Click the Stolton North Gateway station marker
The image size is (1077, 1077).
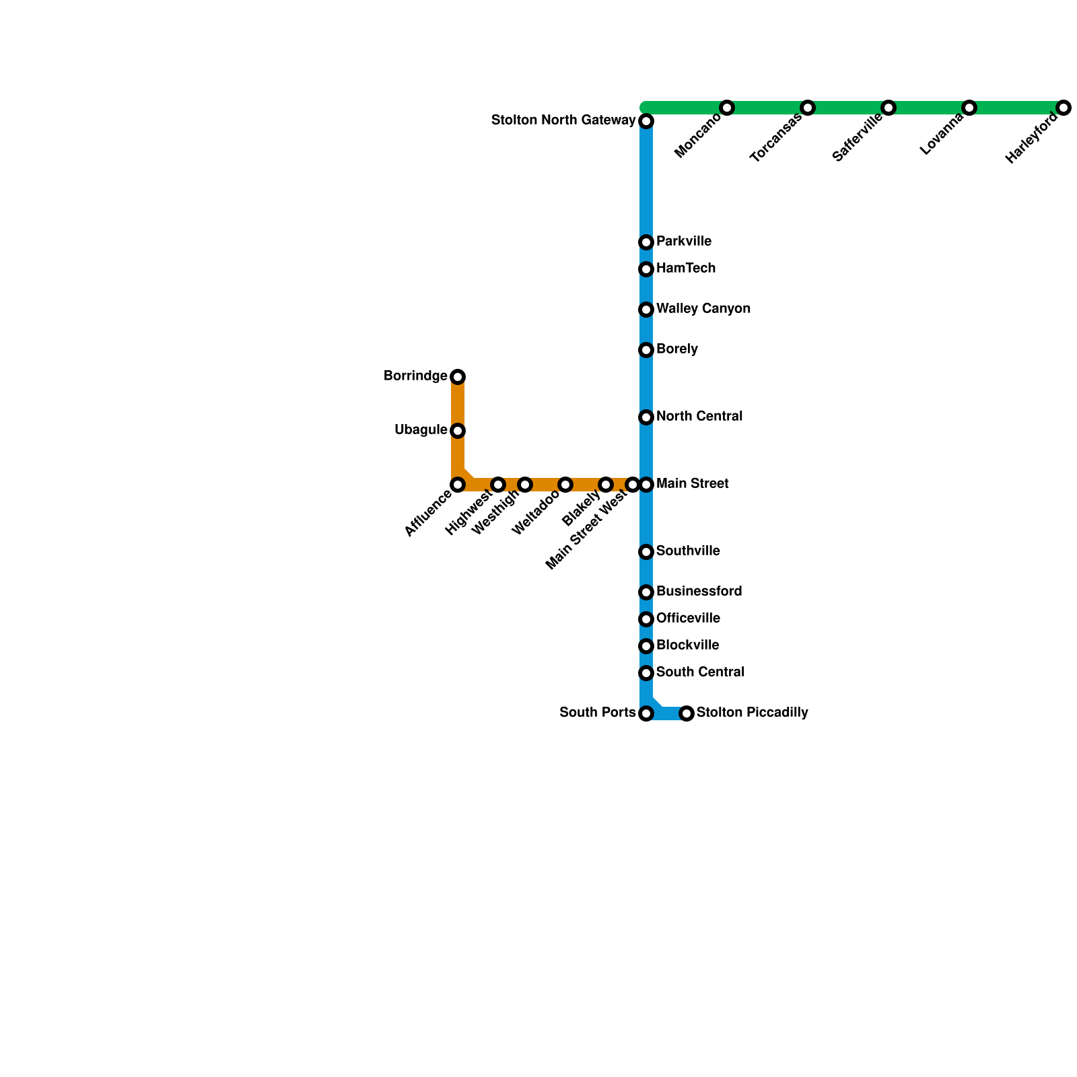646,121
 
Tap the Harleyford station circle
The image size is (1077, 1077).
1064,108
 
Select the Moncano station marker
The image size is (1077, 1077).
727,108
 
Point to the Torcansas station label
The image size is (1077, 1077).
776,138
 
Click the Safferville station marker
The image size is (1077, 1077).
889,108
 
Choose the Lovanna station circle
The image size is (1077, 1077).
969,108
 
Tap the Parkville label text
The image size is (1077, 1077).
684,241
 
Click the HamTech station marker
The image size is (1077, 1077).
646,269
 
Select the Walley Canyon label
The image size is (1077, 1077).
703,308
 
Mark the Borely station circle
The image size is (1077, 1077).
646,350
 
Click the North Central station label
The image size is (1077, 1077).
699,416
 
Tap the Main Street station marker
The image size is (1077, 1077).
646,485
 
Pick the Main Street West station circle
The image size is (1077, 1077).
632,485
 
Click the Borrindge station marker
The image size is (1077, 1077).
458,377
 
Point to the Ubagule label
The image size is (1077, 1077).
421,429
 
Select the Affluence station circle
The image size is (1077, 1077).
458,485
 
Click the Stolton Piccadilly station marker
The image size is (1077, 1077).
687,714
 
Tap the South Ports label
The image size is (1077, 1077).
597,712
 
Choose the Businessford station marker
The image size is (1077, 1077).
646,592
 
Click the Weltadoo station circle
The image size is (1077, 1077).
565,485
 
